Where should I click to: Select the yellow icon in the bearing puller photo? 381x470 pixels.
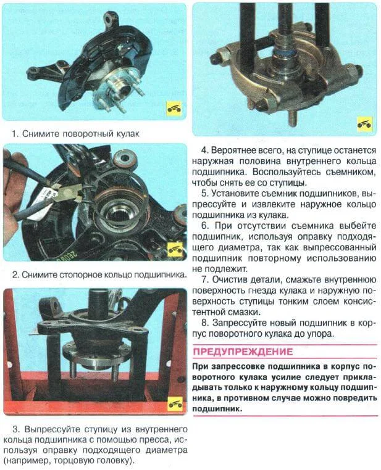pos(364,123)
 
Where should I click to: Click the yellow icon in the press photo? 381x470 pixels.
pos(175,403)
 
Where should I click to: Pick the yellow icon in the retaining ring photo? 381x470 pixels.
pos(175,250)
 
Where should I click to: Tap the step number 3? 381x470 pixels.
pos(15,429)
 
